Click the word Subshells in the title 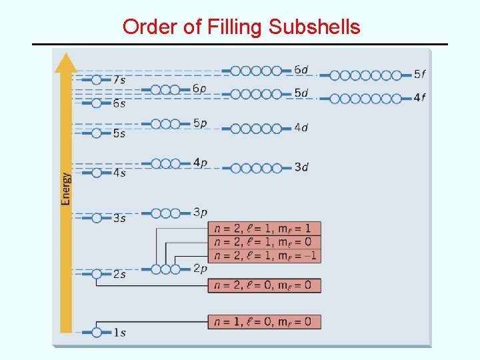pyautogui.click(x=314, y=27)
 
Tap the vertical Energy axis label pyautogui.click(x=66, y=189)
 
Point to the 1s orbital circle pyautogui.click(x=97, y=332)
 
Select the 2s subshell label pyautogui.click(x=119, y=275)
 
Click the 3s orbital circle pyautogui.click(x=97, y=218)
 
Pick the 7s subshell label pyautogui.click(x=119, y=80)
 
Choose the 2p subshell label pyautogui.click(x=200, y=269)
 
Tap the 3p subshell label pyautogui.click(x=200, y=213)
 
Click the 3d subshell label pyautogui.click(x=301, y=167)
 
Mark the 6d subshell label pyautogui.click(x=301, y=70)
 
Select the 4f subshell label pyautogui.click(x=419, y=98)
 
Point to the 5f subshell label pyautogui.click(x=419, y=75)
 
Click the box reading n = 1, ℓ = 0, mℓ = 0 pyautogui.click(x=264, y=322)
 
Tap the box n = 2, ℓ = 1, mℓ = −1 pyautogui.click(x=264, y=255)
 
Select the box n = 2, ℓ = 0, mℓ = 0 pyautogui.click(x=264, y=285)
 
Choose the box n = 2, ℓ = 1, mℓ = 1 pyautogui.click(x=264, y=229)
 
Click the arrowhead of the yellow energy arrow pyautogui.click(x=66, y=61)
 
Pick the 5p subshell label pyautogui.click(x=200, y=123)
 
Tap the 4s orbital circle pyautogui.click(x=97, y=173)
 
